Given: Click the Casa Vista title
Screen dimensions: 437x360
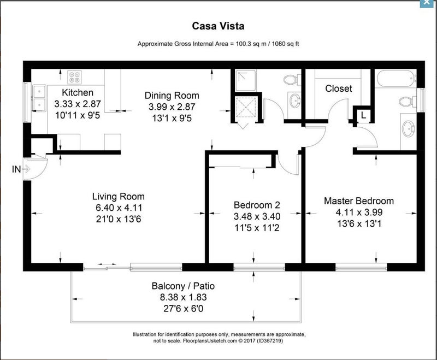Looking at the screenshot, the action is tap(218, 26).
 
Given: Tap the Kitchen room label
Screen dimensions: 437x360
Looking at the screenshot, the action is tap(78, 92).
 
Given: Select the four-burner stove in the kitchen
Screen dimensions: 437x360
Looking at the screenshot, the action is tap(74, 77).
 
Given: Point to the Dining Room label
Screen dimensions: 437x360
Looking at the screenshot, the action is tap(172, 96).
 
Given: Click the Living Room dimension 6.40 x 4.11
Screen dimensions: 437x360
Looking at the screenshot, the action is tap(119, 208).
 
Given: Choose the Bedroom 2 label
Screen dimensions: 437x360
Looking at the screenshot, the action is tap(257, 205).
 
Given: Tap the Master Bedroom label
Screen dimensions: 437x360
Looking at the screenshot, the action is tap(359, 201).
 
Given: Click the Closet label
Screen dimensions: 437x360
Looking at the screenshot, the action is tap(338, 88).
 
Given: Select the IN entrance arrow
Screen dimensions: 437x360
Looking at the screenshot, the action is tap(26, 169).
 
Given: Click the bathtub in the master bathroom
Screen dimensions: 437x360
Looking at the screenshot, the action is tap(395, 78).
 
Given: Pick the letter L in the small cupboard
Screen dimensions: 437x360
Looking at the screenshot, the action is tap(363, 115).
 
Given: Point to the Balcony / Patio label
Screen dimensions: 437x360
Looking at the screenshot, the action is tap(183, 286).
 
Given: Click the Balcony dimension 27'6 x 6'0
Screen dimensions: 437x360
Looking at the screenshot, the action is tap(183, 309).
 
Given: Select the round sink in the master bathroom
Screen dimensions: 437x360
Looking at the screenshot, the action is tap(409, 129).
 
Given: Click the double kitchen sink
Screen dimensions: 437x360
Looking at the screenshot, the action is tap(39, 98).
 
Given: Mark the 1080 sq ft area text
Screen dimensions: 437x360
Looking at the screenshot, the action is tap(285, 44).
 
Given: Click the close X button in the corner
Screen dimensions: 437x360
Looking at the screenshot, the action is tap(427, 3).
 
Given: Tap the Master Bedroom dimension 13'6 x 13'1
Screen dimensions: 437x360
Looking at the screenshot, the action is tap(359, 224).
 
